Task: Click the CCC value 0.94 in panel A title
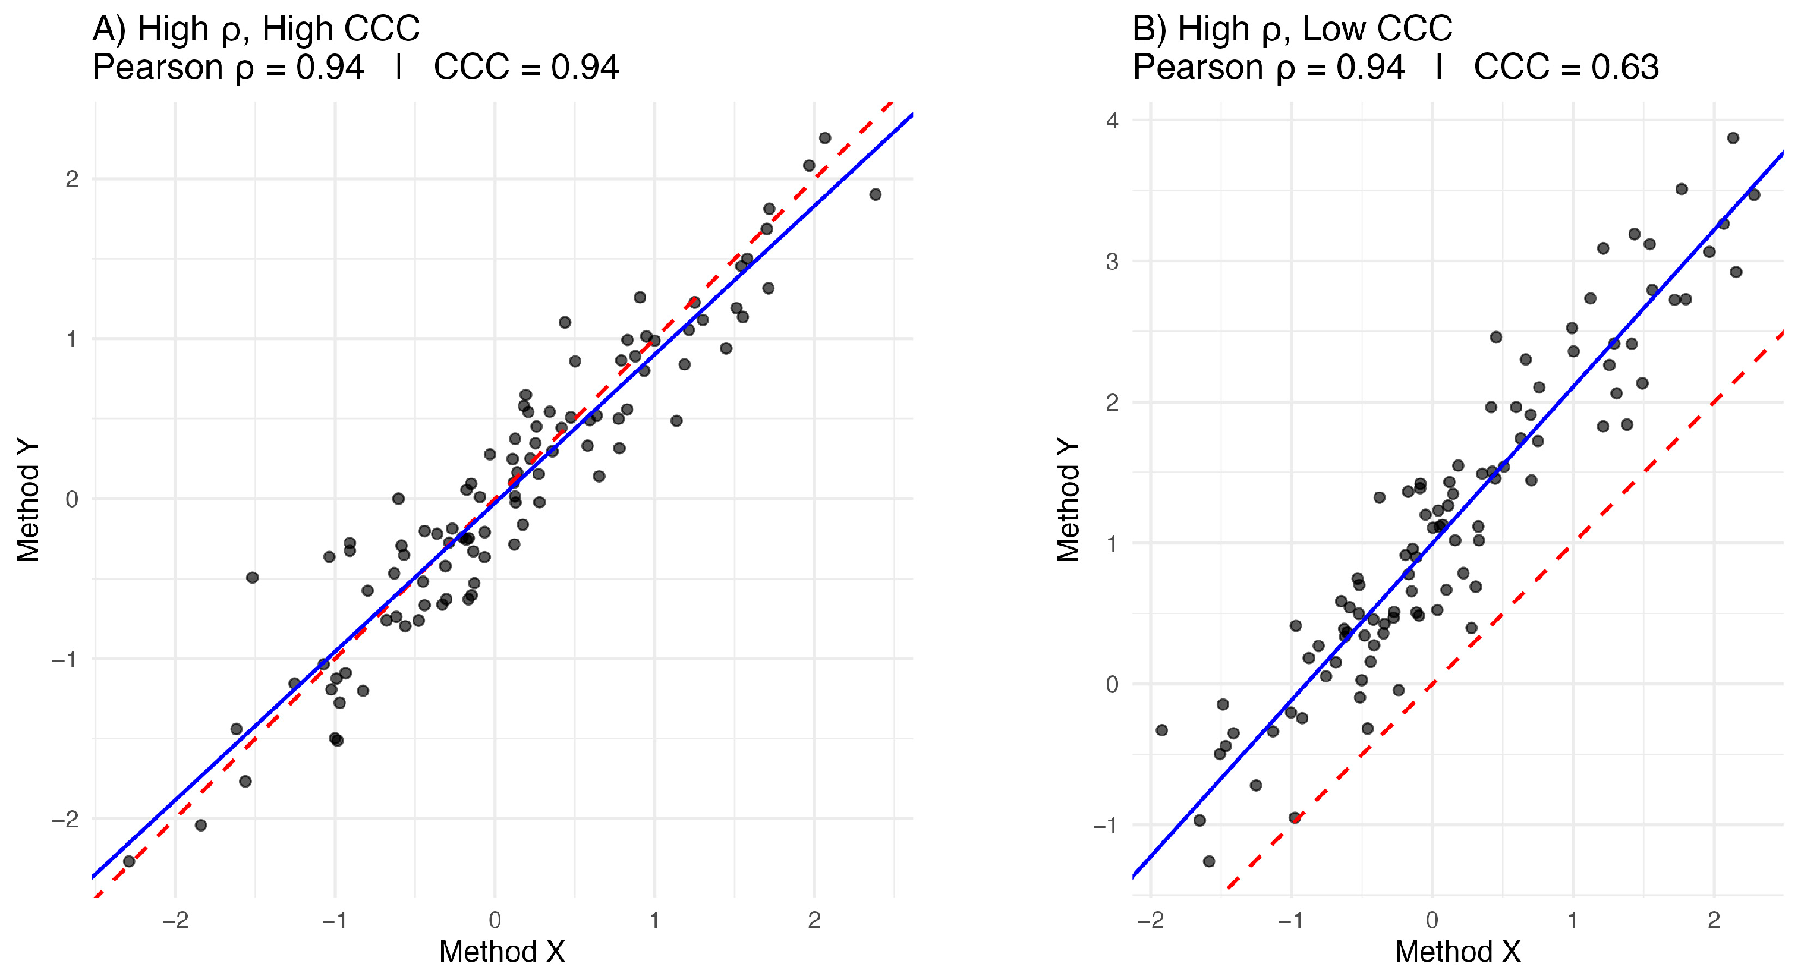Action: [x=584, y=68]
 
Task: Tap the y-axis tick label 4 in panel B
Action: [x=1112, y=120]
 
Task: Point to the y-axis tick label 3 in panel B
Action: [x=1112, y=262]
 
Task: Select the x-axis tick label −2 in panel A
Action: [x=175, y=921]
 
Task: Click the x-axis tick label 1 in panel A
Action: [x=654, y=921]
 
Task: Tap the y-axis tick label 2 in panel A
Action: [x=71, y=180]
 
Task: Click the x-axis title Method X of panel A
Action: [x=502, y=952]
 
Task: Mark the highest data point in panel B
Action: [x=1733, y=138]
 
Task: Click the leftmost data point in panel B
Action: [x=1162, y=730]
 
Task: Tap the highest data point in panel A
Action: [x=825, y=138]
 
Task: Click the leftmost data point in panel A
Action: [x=128, y=861]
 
